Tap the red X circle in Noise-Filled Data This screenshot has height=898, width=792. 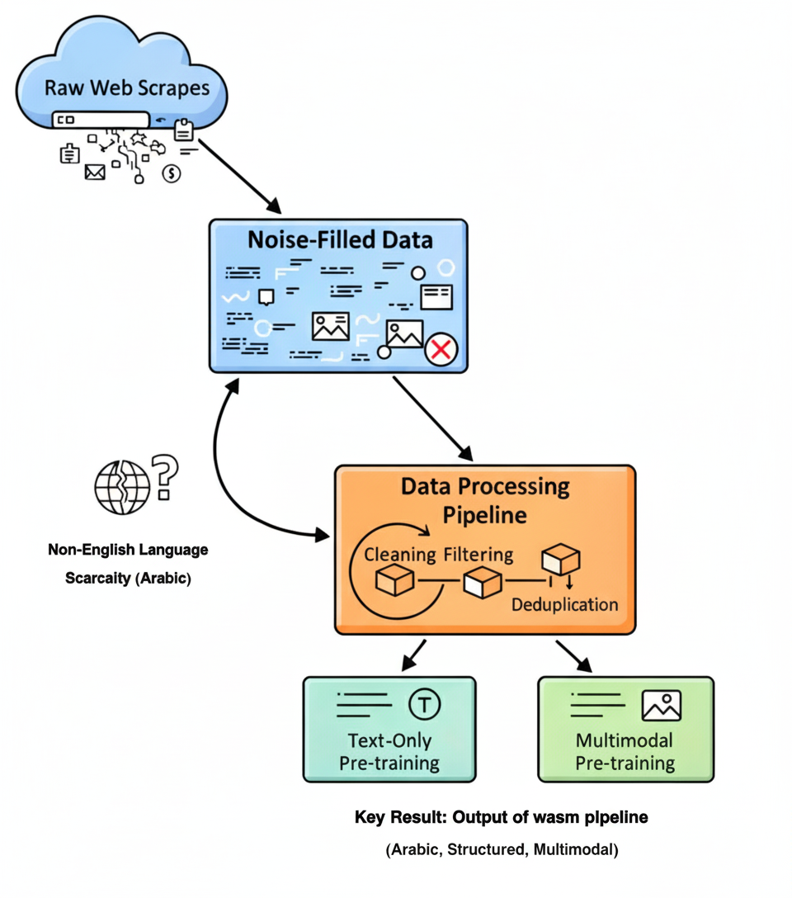[441, 350]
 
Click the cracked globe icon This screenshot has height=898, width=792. [121, 486]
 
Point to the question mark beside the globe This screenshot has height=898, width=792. [166, 476]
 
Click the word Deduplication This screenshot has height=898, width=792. [564, 604]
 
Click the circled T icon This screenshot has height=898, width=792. [425, 704]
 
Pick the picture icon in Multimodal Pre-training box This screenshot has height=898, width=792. [661, 705]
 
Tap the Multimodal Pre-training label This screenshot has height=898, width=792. [625, 751]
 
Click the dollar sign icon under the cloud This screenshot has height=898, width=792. [172, 173]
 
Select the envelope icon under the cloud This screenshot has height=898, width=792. [95, 172]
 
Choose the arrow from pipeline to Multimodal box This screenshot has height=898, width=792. [574, 655]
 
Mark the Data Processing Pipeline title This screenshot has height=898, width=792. [485, 500]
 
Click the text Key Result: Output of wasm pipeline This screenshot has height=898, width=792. [501, 817]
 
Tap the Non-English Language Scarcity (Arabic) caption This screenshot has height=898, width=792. [128, 564]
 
